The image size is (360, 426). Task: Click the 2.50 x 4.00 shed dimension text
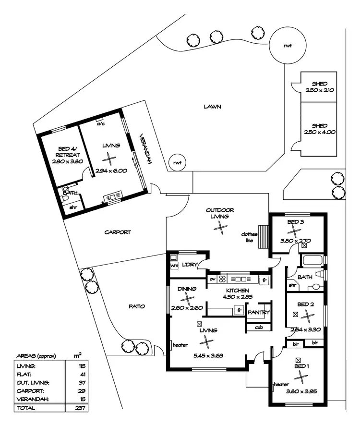pos(319,132)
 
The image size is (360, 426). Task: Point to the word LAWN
pos(212,107)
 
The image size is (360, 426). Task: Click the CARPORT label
pos(118,232)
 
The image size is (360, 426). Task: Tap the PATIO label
pos(136,306)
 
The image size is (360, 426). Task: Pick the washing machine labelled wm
pos(174,265)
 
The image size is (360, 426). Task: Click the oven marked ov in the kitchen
pos(212,279)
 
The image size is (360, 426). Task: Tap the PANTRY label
pos(259,313)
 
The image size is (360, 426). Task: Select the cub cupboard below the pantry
pos(258,328)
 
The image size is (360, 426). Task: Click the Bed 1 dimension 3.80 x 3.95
pos(299,391)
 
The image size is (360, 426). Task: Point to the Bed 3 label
pos(296,222)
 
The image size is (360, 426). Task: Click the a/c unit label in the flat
pos(101,123)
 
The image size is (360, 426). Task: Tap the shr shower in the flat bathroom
pos(73,207)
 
